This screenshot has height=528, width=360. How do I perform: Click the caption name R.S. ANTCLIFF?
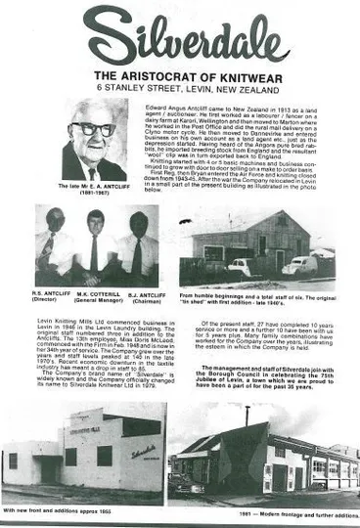tap(49, 290)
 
